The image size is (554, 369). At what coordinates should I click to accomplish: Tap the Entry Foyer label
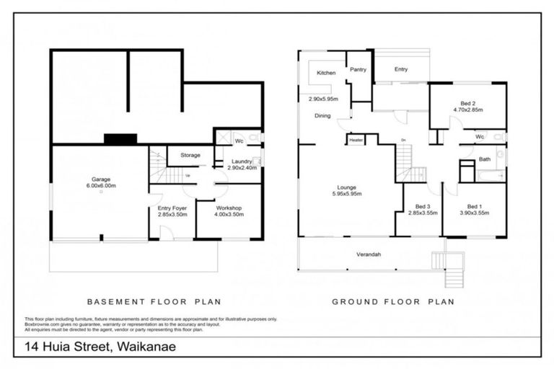(x=172, y=208)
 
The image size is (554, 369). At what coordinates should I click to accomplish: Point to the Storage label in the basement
(x=190, y=155)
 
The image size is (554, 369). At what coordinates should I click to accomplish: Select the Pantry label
(x=359, y=70)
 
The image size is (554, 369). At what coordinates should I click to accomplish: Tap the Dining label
(x=322, y=115)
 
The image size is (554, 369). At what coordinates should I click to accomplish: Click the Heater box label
(x=356, y=140)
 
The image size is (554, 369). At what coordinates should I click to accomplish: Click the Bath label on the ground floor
(x=484, y=159)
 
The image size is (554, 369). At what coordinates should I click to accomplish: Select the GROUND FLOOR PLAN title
(x=392, y=302)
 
